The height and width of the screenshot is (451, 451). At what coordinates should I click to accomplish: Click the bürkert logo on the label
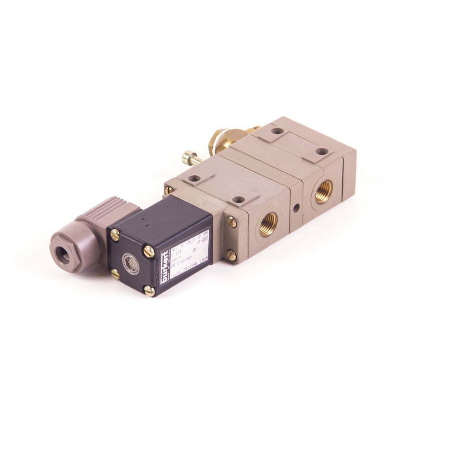(164, 271)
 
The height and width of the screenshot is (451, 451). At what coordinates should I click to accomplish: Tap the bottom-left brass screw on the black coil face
(115, 274)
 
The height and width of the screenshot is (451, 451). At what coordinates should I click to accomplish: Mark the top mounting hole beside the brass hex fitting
(277, 131)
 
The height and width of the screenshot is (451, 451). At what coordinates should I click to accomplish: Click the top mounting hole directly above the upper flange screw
(238, 199)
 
